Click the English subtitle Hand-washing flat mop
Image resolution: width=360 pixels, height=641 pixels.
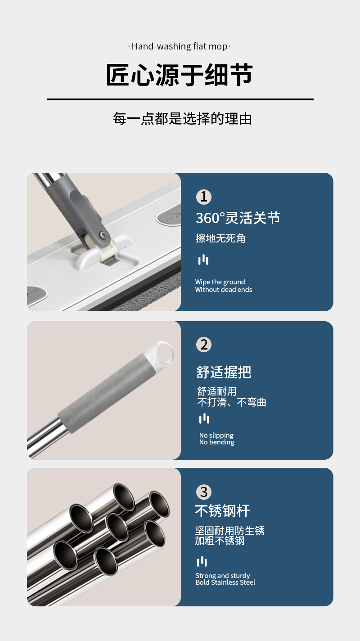pyautogui.click(x=180, y=46)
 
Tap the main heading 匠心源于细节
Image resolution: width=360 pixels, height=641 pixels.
pyautogui.click(x=180, y=75)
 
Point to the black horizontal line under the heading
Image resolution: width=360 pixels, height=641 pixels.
pyautogui.click(x=180, y=99)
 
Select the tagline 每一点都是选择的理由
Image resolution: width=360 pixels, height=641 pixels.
pyautogui.click(x=182, y=119)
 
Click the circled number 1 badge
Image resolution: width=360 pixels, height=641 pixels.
pyautogui.click(x=203, y=197)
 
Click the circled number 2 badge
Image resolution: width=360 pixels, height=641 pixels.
pyautogui.click(x=204, y=345)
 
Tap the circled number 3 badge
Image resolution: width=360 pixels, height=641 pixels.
pyautogui.click(x=204, y=492)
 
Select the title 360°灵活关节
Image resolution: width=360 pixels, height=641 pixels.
pyautogui.click(x=238, y=218)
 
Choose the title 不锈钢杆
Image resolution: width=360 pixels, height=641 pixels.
pyautogui.click(x=222, y=511)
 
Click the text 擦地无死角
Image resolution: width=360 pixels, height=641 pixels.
pyautogui.click(x=220, y=238)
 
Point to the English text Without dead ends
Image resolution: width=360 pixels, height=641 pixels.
pyautogui.click(x=223, y=290)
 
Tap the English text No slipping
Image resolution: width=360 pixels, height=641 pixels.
pyautogui.click(x=216, y=435)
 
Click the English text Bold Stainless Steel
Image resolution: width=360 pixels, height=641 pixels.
pyautogui.click(x=225, y=583)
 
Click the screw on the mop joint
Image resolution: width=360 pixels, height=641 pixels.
pyautogui.click(x=103, y=235)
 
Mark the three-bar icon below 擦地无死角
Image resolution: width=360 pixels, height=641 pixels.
pyautogui.click(x=203, y=260)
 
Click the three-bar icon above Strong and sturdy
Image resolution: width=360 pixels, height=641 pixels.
pyautogui.click(x=202, y=561)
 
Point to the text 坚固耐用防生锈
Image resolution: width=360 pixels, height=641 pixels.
pyautogui.click(x=229, y=531)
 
